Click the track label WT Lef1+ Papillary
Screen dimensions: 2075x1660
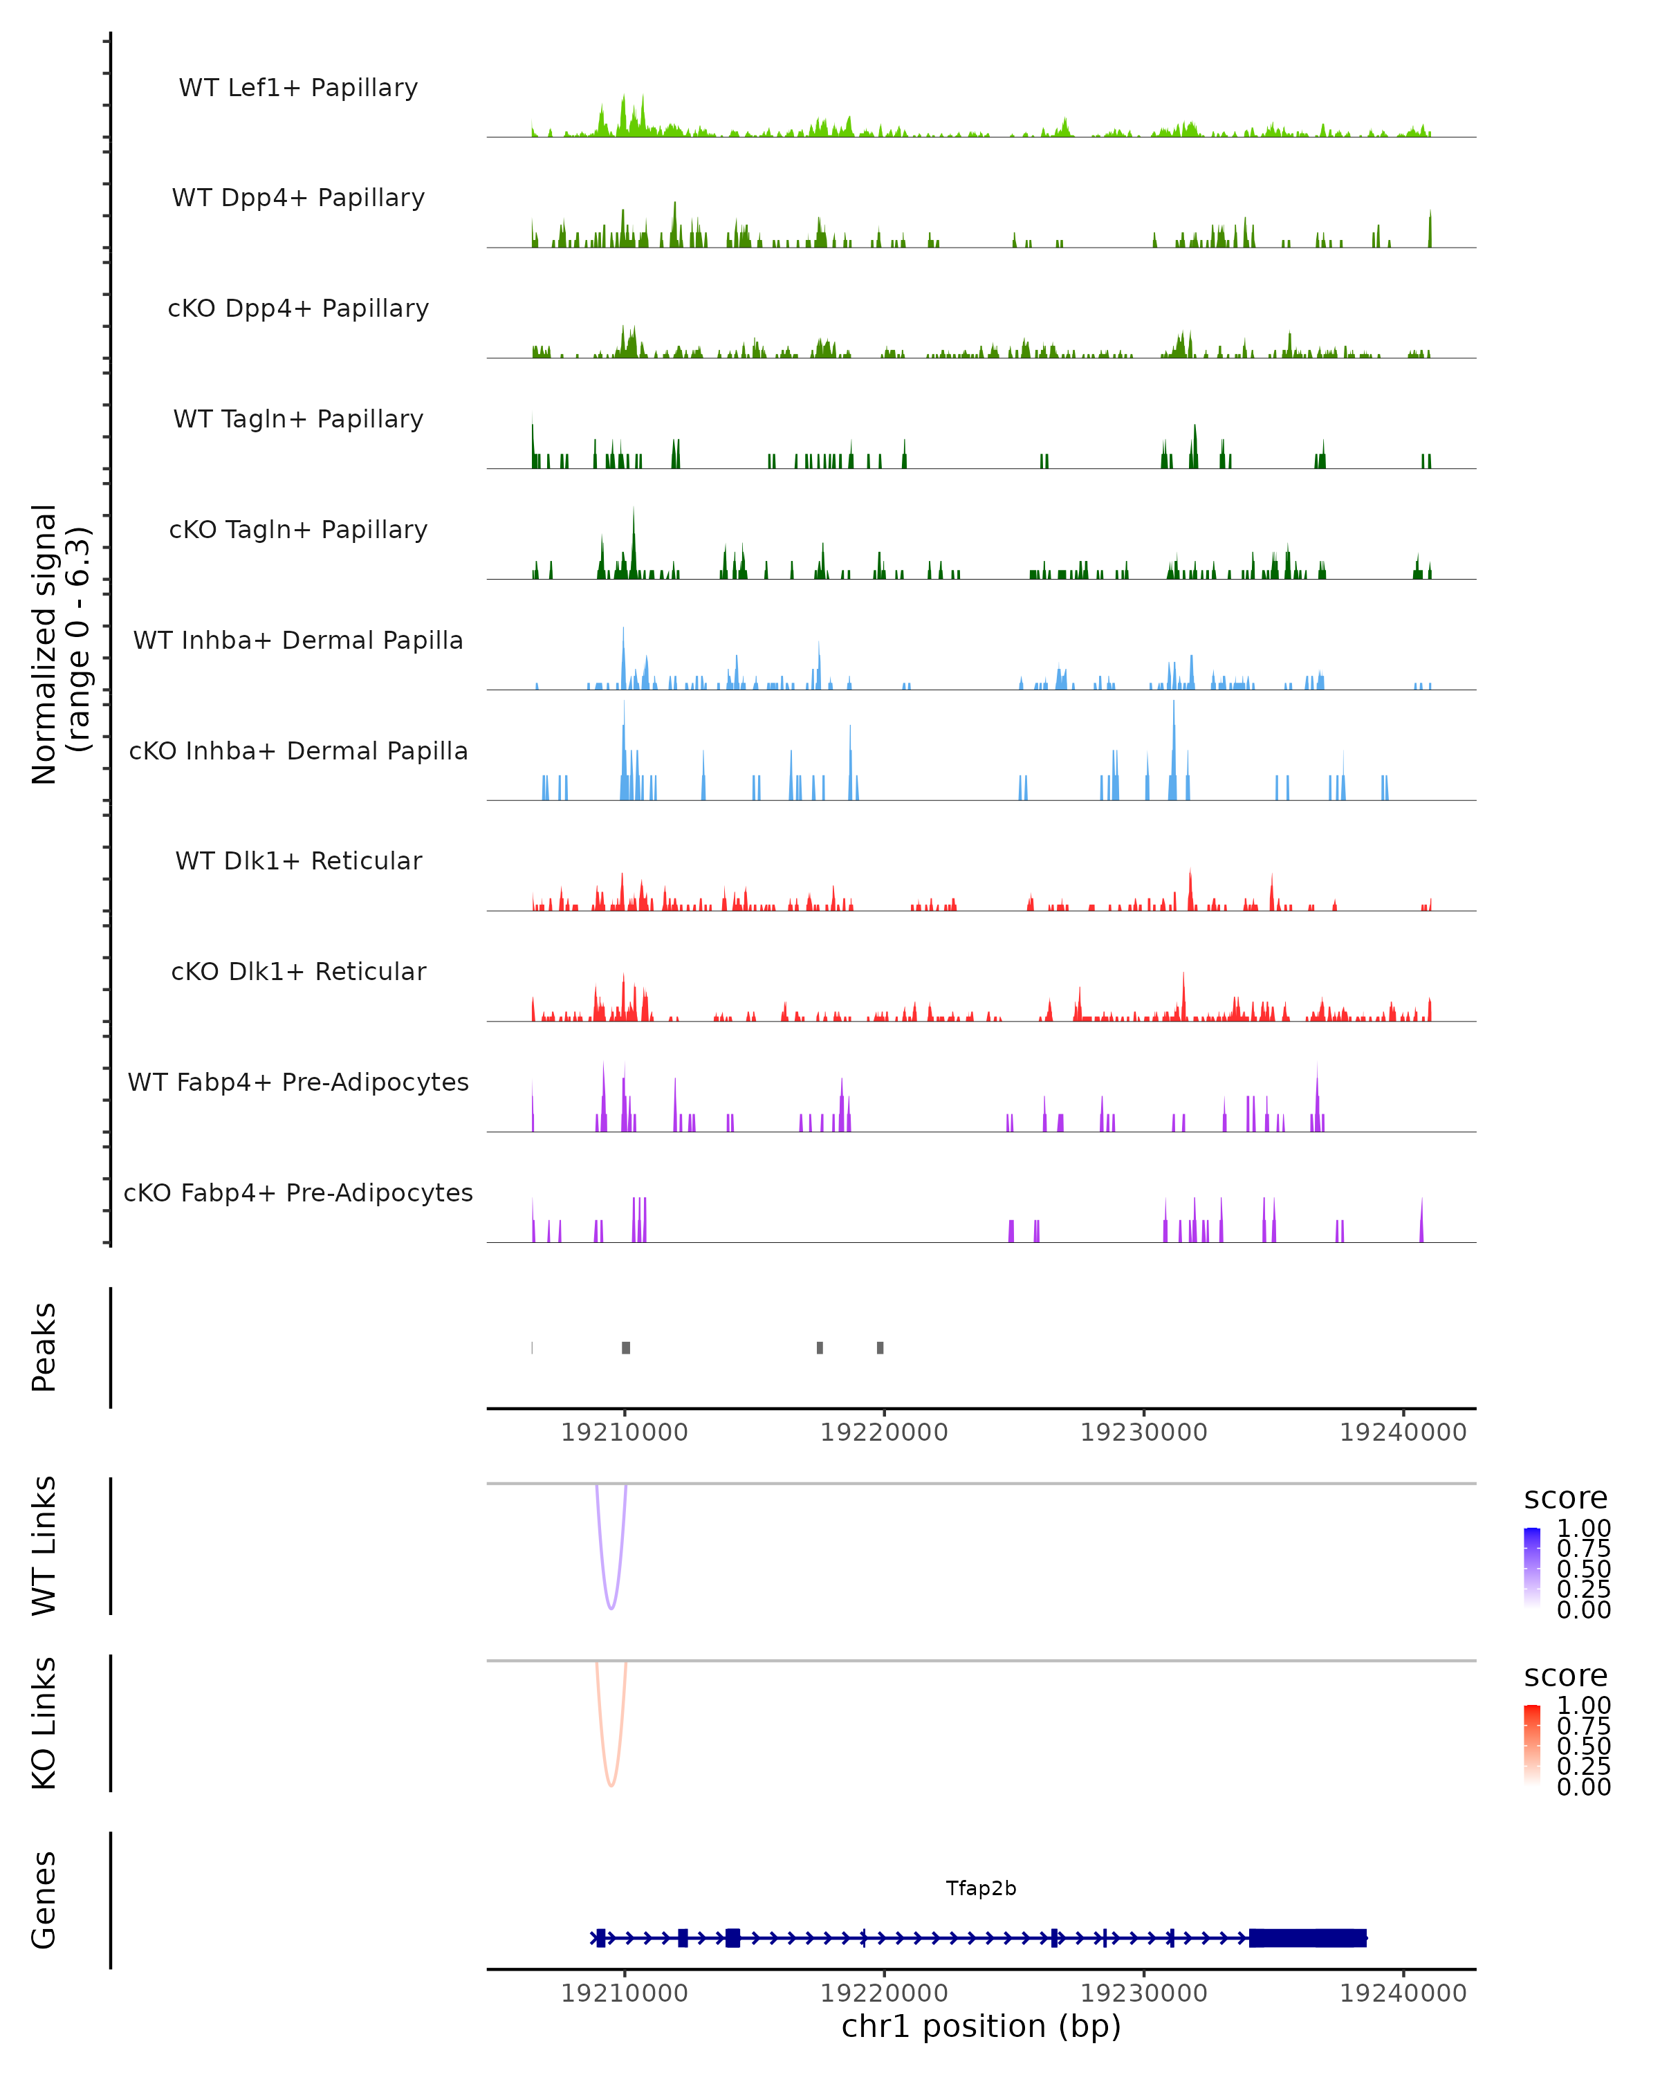[298, 88]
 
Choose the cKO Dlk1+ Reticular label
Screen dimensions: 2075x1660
[298, 971]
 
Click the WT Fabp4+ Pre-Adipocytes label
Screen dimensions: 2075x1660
[298, 1082]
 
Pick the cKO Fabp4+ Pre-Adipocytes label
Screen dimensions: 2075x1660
[298, 1192]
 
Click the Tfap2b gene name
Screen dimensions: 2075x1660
[981, 1888]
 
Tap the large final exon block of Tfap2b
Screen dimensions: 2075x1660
[1307, 1937]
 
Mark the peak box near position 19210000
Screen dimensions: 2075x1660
[625, 1347]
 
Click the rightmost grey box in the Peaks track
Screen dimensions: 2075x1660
[880, 1347]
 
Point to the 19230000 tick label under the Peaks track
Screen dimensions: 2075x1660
[1143, 1432]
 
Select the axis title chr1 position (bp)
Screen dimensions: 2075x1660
[981, 2027]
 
